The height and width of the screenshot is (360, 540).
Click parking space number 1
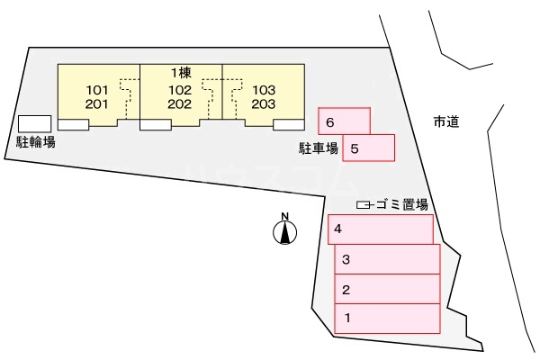[x=387, y=319]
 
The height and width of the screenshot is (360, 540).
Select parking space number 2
[x=387, y=290]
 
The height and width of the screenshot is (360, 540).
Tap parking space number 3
[x=387, y=260]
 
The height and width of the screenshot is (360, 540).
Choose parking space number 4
[x=380, y=229]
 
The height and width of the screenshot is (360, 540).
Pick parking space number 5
[x=368, y=148]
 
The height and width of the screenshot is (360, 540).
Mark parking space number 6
[x=344, y=121]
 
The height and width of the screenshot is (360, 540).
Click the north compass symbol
[x=285, y=231]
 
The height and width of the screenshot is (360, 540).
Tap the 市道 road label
[x=445, y=121]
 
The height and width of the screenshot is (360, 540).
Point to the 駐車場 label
[x=319, y=148]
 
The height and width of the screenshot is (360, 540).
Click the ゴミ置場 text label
[x=401, y=205]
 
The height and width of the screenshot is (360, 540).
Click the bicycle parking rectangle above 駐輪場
[x=35, y=123]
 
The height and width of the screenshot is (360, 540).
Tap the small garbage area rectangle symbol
[x=364, y=205]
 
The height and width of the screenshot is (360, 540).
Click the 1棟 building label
[x=181, y=71]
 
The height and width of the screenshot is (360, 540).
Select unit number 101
[x=97, y=89]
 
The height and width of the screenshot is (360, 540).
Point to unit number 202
[x=180, y=103]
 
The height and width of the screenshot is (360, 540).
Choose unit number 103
[x=264, y=89]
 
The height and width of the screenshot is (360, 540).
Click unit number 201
[x=97, y=103]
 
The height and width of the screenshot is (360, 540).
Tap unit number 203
[x=264, y=103]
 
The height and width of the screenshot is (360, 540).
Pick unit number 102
[x=180, y=89]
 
